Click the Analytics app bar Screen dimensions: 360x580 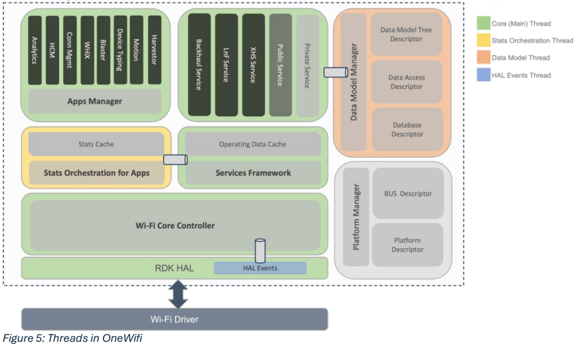(35, 50)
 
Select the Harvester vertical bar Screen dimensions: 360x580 (154, 50)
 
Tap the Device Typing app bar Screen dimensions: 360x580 (120, 50)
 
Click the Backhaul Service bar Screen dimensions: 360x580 (199, 64)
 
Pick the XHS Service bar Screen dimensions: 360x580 (253, 64)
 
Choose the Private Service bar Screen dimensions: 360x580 (307, 64)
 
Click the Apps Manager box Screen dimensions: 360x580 (94, 101)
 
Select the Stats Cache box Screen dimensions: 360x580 (96, 144)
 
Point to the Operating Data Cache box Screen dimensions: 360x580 (252, 144)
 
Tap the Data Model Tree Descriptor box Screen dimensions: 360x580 (407, 34)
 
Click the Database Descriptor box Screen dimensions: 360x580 (407, 129)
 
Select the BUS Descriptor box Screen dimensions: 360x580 (408, 194)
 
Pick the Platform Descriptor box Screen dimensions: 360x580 (408, 244)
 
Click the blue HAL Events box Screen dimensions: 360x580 (260, 268)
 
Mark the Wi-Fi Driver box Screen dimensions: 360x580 (174, 319)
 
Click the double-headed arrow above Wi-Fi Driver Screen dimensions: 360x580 (178, 294)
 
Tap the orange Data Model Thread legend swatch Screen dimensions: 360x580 (483, 58)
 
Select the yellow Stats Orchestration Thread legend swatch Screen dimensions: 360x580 (483, 40)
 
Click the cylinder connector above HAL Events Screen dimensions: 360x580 (260, 250)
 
